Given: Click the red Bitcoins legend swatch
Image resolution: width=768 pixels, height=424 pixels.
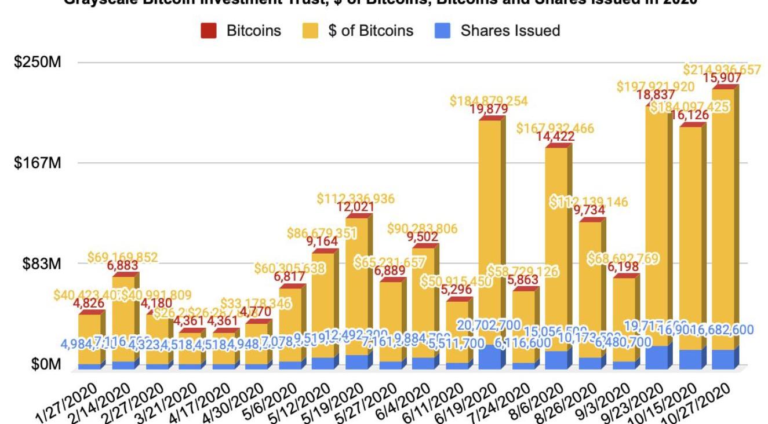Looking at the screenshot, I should (209, 31).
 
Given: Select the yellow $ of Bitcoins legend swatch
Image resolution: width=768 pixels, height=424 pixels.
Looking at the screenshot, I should (311, 31).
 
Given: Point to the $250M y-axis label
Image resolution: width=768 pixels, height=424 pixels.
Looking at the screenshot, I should (38, 62).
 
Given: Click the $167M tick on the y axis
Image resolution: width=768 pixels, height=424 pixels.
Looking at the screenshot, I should (38, 163).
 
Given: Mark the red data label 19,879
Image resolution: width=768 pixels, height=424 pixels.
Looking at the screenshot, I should (489, 109).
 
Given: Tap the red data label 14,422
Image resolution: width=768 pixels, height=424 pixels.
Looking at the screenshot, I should (556, 137).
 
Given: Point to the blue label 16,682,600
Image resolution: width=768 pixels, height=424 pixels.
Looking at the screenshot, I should (722, 330).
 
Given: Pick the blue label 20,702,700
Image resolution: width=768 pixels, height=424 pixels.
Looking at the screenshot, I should (489, 325).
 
